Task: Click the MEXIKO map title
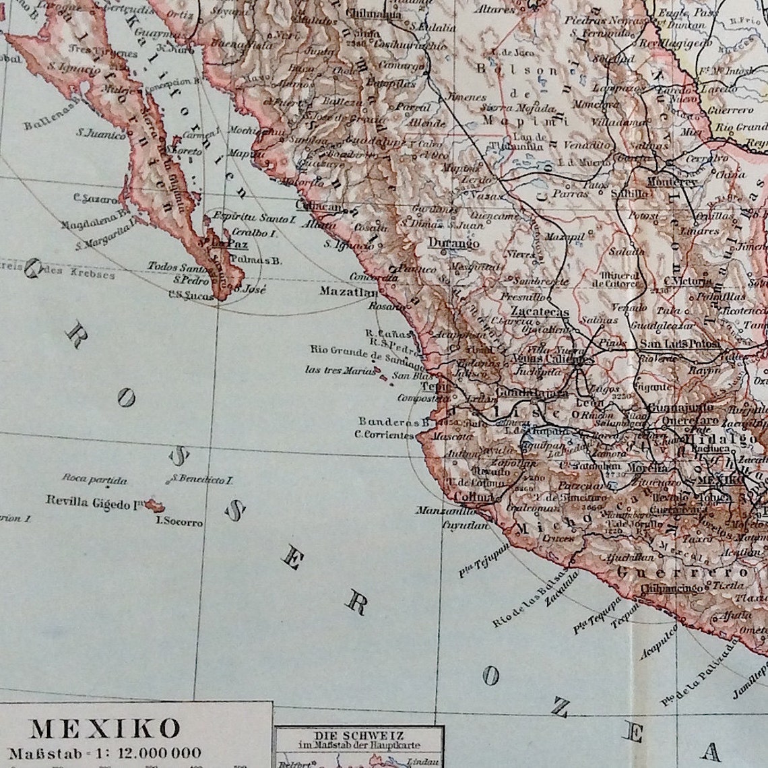pyautogui.click(x=106, y=729)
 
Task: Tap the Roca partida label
pyautogui.click(x=94, y=480)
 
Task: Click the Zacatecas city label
pyautogui.click(x=540, y=312)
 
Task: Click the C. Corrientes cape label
pyautogui.click(x=384, y=435)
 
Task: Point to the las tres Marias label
pyautogui.click(x=339, y=369)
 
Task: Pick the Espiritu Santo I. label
pyautogui.click(x=254, y=218)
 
